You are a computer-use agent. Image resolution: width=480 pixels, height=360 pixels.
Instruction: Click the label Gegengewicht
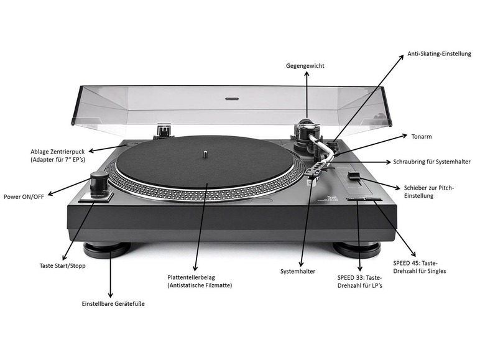305,66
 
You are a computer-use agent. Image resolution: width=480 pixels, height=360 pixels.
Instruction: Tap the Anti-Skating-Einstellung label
439,53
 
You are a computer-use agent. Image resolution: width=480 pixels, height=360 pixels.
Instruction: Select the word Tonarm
422,136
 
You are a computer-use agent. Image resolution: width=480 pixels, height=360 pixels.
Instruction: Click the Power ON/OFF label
24,196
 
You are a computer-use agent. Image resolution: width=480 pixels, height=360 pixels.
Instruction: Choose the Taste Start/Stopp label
62,265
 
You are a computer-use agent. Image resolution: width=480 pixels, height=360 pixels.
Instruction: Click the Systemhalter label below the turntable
297,271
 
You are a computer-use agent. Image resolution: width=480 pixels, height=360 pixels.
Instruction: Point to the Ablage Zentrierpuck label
62,151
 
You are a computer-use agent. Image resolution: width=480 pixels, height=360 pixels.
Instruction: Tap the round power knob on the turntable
98,183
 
